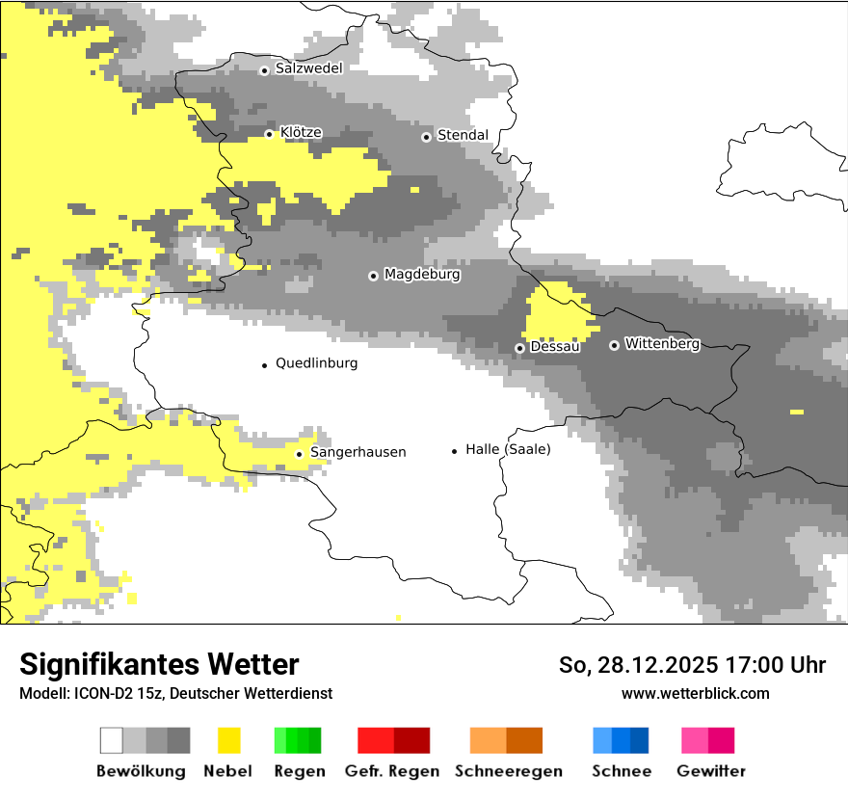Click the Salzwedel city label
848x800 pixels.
click(x=308, y=68)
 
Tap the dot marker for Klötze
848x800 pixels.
click(x=269, y=134)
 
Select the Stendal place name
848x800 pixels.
click(x=463, y=135)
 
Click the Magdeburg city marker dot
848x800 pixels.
click(x=373, y=276)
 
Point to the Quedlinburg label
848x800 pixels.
click(x=316, y=363)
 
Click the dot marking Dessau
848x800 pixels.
click(x=519, y=348)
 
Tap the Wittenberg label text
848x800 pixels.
click(x=662, y=343)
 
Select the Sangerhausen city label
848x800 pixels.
click(x=358, y=452)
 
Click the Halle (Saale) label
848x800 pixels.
click(x=508, y=449)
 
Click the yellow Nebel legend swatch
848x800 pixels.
click(x=228, y=740)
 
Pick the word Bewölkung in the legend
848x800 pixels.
click(x=141, y=771)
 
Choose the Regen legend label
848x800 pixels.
click(x=299, y=771)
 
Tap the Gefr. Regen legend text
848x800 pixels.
click(x=392, y=771)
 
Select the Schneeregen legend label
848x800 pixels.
click(x=509, y=771)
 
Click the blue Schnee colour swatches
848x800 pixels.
click(x=621, y=740)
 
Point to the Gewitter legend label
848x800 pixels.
click(x=711, y=771)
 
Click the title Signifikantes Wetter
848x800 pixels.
click(x=159, y=665)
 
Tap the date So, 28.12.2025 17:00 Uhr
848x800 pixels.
click(x=692, y=665)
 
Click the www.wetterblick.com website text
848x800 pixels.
click(x=695, y=693)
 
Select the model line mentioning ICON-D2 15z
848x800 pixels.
click(x=175, y=693)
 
